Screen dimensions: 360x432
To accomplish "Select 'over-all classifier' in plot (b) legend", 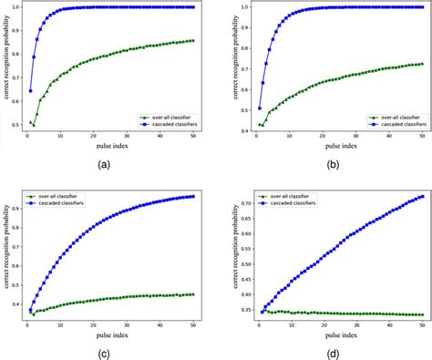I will click(x=396, y=117).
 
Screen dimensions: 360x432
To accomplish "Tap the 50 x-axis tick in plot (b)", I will click(x=421, y=139).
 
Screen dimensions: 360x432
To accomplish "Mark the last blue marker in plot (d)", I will click(x=421, y=196).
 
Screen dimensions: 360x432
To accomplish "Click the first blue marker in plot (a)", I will click(x=30, y=90).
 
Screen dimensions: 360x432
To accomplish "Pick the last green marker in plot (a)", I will click(x=193, y=40).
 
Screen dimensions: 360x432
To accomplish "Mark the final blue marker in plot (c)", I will click(x=193, y=196).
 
